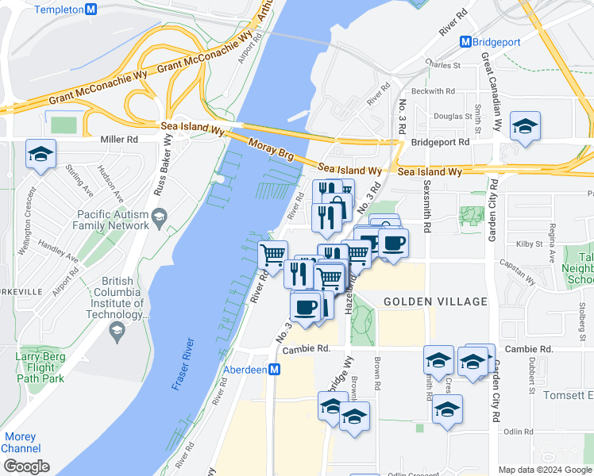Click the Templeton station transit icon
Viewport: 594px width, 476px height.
point(91,10)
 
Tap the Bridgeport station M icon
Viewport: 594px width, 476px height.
point(467,41)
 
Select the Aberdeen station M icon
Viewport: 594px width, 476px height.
point(275,370)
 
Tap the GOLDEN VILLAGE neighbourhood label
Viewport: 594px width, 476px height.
point(434,301)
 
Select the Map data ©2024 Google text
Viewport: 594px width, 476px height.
point(545,470)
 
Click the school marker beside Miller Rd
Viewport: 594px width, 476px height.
point(40,155)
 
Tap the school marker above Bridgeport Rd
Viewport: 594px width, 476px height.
point(525,127)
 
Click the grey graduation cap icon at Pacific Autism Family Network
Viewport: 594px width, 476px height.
point(160,217)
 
